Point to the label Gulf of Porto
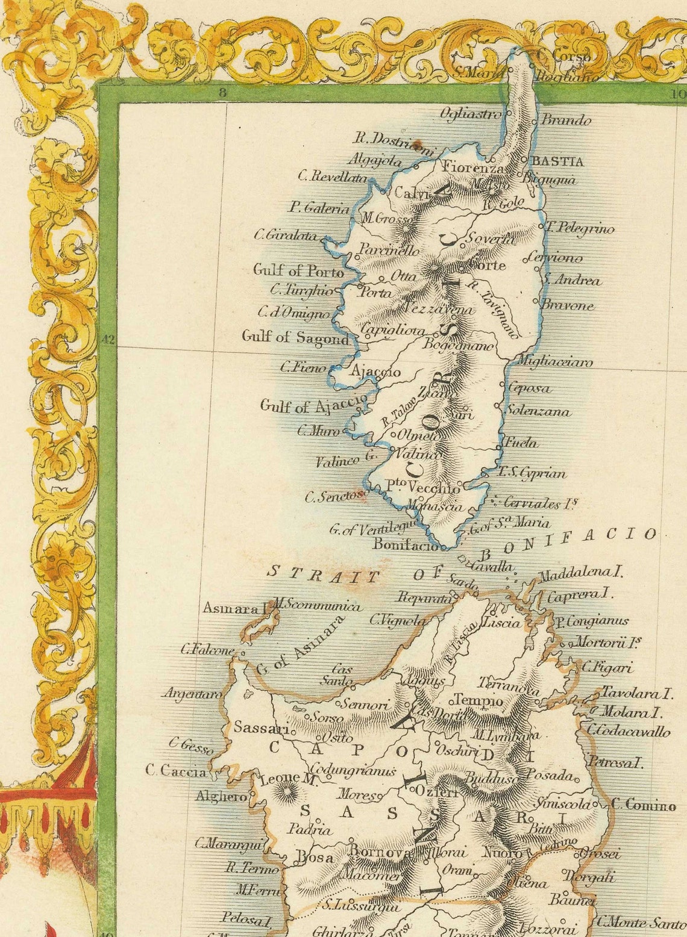298,270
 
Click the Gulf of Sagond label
295,337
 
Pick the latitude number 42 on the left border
108,340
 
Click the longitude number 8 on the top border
222,93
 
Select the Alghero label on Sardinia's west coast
221,797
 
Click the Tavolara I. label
636,694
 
